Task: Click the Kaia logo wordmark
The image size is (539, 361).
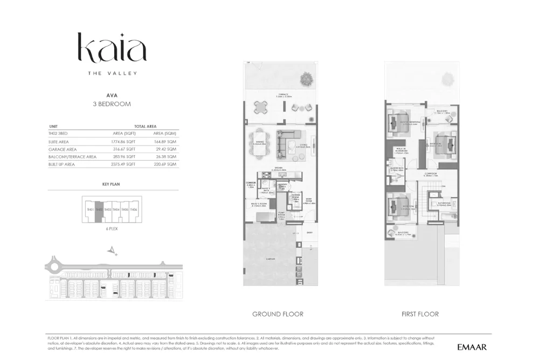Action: pos(112,48)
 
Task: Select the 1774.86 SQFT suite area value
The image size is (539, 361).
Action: pos(123,141)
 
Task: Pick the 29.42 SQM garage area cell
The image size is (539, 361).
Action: pos(165,149)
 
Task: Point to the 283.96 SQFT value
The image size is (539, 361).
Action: pos(123,157)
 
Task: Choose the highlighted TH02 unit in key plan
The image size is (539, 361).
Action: pos(99,210)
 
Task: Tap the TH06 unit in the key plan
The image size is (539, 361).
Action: pos(133,210)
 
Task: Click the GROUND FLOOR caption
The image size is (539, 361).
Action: pos(278,314)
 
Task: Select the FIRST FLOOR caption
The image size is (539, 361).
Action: pos(420,314)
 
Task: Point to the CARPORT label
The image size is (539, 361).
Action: pos(271,259)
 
